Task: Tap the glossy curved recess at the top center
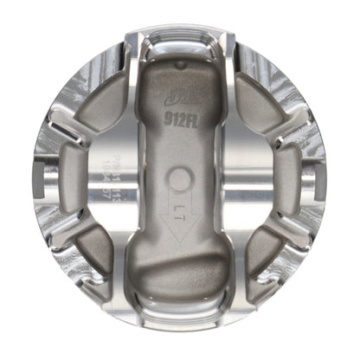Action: pos(179,39)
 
